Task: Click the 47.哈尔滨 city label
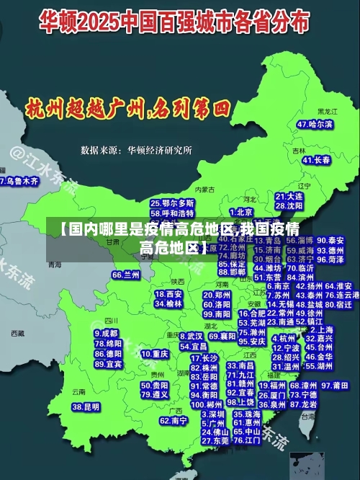pyautogui.click(x=315, y=124)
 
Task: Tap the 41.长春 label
pyautogui.click(x=317, y=159)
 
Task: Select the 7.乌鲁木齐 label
pyautogui.click(x=19, y=182)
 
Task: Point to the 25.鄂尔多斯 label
pyautogui.click(x=172, y=203)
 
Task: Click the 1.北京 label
pyautogui.click(x=241, y=212)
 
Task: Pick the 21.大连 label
pyautogui.click(x=289, y=196)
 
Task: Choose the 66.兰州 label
pyautogui.click(x=126, y=275)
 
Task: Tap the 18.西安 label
pyautogui.click(x=169, y=294)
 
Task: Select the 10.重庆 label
pyautogui.click(x=155, y=354)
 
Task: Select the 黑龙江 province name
pyautogui.click(x=327, y=112)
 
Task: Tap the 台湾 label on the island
pyautogui.click(x=308, y=417)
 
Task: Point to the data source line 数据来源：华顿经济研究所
pyautogui.click(x=136, y=150)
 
